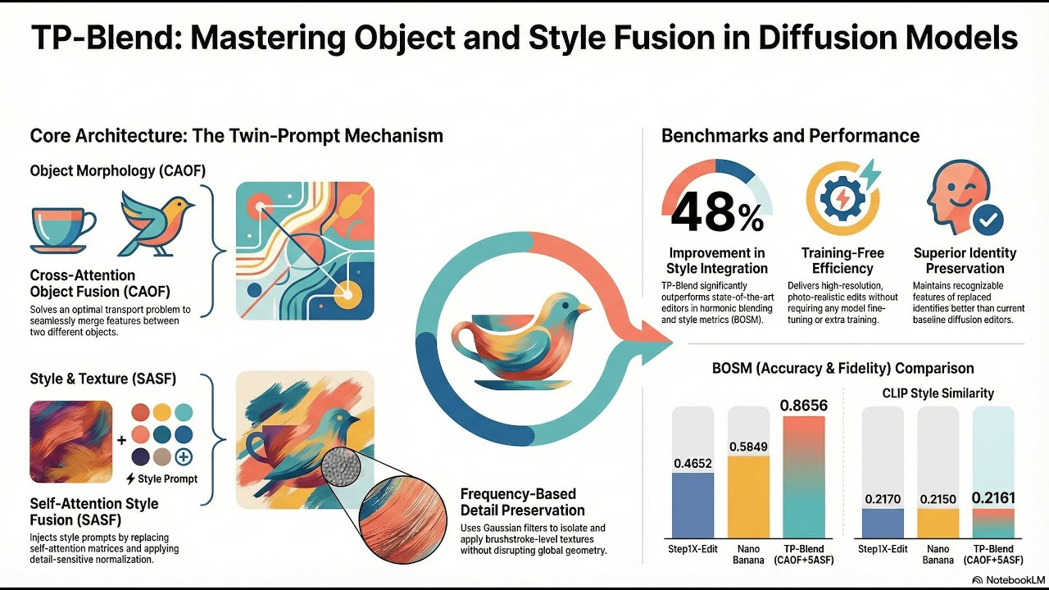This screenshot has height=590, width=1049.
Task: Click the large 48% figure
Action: pyautogui.click(x=715, y=214)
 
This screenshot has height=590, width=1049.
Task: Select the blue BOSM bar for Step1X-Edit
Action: pyautogui.click(x=693, y=505)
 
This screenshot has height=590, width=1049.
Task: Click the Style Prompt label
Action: pyautogui.click(x=161, y=479)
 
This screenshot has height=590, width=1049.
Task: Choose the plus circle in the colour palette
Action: pyautogui.click(x=184, y=457)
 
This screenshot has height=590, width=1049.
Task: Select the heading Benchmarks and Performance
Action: pyautogui.click(x=790, y=135)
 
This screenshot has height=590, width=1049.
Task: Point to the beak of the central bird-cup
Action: pyautogui.click(x=583, y=309)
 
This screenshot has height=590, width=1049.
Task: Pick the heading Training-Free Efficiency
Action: pyautogui.click(x=842, y=261)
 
